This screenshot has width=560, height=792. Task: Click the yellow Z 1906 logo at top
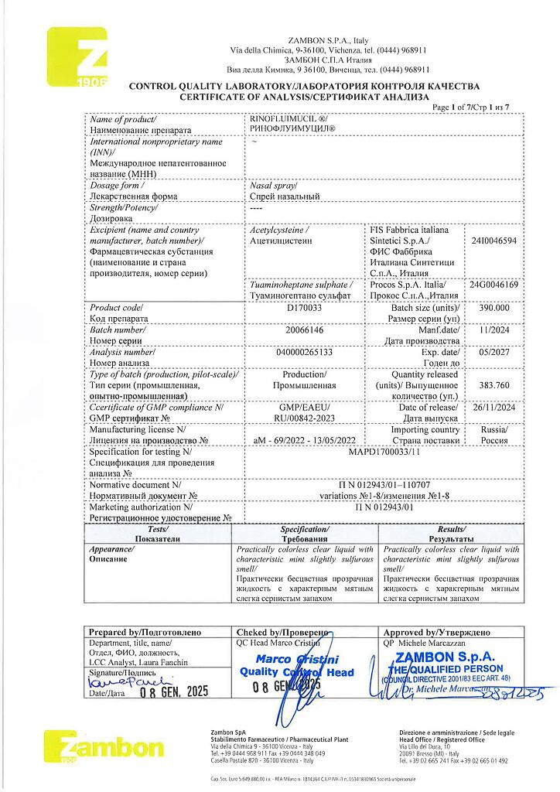(77, 57)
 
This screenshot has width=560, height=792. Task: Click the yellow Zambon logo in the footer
(104, 747)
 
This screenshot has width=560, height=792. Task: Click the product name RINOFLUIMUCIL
(291, 120)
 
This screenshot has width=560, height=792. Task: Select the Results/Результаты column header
(451, 533)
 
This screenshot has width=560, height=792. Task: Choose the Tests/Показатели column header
(158, 533)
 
